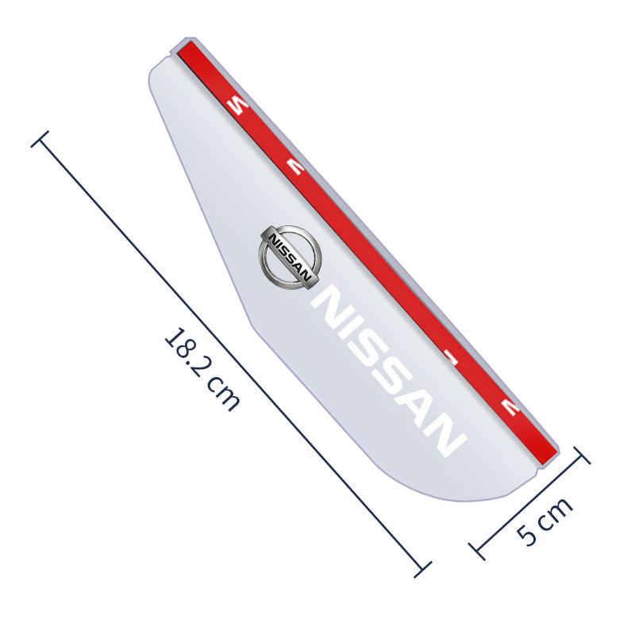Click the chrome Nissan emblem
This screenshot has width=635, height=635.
coord(288,254)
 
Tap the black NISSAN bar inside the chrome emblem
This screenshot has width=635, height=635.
coord(288,254)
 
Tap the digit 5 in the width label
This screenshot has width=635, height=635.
coord(529,533)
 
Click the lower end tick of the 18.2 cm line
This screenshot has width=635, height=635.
coord(422,567)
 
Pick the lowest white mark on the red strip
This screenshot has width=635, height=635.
coord(508,408)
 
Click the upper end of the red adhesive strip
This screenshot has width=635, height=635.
coord(184,49)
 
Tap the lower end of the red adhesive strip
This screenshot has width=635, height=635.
coord(548,458)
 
